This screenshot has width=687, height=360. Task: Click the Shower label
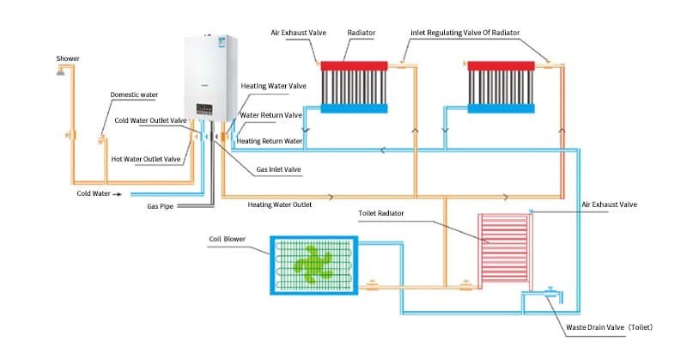[68, 58]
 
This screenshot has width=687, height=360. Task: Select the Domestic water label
[134, 95]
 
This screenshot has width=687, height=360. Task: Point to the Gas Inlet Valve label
[278, 169]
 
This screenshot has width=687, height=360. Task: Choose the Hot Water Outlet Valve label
[146, 159]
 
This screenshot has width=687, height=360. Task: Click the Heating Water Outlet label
[279, 205]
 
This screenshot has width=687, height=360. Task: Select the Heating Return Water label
[270, 141]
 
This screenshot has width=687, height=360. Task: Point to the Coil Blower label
[228, 238]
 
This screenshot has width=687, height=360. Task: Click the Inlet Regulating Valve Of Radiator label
[465, 32]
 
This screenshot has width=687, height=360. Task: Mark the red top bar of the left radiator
[356, 64]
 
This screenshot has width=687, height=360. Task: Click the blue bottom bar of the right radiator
[502, 107]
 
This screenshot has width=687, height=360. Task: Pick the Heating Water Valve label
[273, 87]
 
